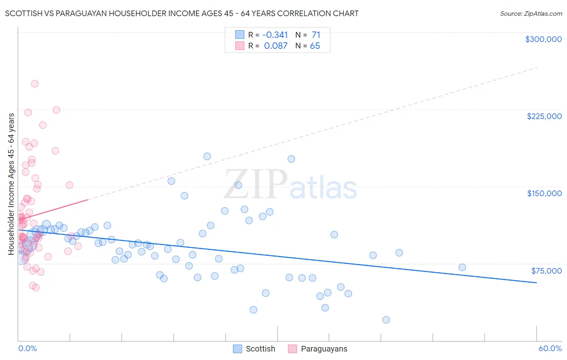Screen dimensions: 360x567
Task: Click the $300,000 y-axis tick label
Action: [543, 39]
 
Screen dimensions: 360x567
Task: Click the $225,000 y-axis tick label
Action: [544, 116]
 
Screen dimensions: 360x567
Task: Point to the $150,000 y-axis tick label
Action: [544, 193]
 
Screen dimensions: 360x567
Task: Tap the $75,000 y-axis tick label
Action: [546, 271]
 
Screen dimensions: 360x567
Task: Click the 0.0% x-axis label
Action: [27, 348]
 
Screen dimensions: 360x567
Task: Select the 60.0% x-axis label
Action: [550, 348]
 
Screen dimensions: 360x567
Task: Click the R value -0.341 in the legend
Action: [275, 35]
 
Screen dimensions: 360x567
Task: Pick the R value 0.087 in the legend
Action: [276, 46]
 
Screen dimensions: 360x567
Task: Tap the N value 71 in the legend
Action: [316, 35]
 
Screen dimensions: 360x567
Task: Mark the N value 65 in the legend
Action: [315, 46]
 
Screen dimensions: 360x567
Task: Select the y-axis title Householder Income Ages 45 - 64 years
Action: [11, 184]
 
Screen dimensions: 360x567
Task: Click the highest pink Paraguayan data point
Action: [35, 84]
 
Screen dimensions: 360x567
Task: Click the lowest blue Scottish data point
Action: [386, 320]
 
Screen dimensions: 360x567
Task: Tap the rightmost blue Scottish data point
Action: [462, 267]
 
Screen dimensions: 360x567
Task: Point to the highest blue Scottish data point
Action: [207, 156]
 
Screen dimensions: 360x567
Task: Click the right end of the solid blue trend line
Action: [536, 283]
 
